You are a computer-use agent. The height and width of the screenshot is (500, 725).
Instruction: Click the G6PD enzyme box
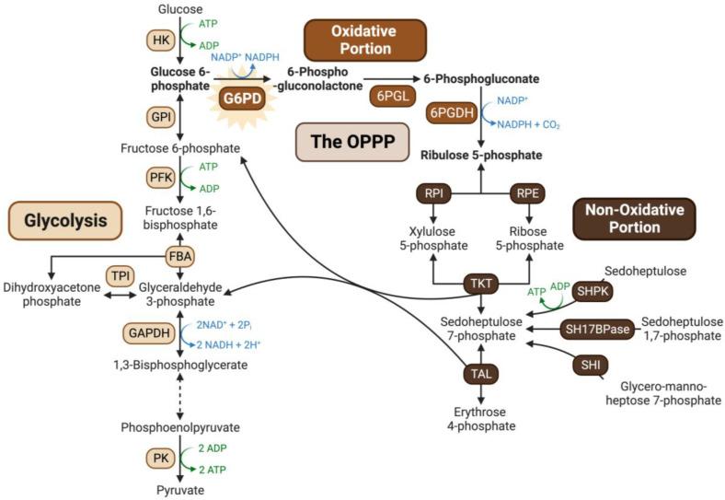(237, 99)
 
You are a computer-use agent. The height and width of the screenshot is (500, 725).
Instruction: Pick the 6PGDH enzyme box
(450, 113)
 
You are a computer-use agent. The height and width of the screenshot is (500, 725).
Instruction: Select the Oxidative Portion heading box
(365, 40)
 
